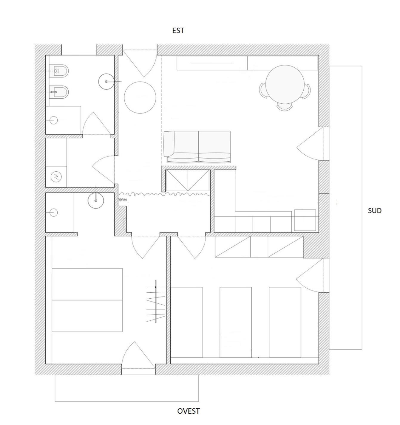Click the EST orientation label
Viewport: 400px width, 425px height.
click(178, 31)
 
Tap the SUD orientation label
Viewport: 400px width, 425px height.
click(375, 211)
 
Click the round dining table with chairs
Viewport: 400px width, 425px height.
click(285, 87)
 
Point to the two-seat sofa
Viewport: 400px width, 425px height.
click(197, 147)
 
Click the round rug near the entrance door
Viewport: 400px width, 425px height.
click(140, 97)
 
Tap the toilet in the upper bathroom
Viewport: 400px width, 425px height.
click(59, 71)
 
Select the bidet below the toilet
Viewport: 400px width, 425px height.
click(59, 92)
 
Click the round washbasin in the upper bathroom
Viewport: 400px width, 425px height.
click(106, 81)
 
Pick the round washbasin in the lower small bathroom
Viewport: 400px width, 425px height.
click(96, 201)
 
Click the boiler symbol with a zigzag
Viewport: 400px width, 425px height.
click(56, 176)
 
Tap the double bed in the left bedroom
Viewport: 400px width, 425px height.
click(87, 300)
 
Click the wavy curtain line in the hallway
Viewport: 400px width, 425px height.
click(164, 194)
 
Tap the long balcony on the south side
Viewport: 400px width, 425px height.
click(345, 208)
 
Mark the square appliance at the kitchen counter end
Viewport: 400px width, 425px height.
click(305, 220)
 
